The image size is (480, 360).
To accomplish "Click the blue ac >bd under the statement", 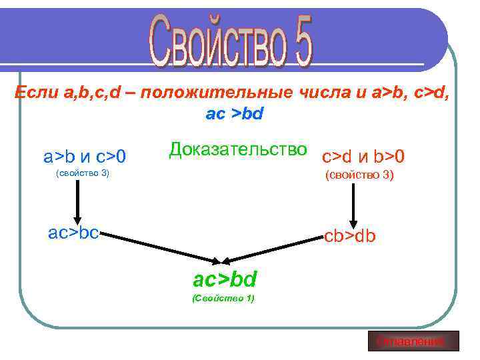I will tap(235, 114).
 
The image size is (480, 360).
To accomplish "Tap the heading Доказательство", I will tap(238, 149).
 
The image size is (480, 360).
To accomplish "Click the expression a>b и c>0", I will tap(85, 157).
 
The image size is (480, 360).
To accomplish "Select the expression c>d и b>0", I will tap(363, 157).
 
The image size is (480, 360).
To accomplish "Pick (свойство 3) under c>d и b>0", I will tap(359, 176).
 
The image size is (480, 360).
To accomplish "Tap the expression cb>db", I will tap(350, 237).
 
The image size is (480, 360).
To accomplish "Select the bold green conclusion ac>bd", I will tap(225, 279).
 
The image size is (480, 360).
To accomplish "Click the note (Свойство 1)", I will tap(223, 298).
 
